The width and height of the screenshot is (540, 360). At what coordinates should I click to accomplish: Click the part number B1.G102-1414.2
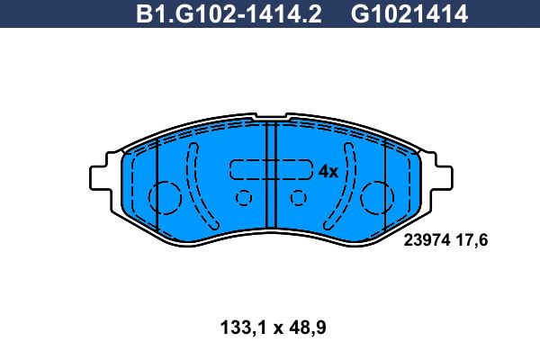coord(229,13)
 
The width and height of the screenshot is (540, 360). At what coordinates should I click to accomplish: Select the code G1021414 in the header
coord(409,13)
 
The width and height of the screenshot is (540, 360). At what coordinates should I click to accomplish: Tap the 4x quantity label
coord(328,171)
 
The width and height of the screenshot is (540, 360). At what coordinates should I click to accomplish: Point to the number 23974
coord(427,239)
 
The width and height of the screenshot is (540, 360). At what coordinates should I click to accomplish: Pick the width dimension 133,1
coord(244,328)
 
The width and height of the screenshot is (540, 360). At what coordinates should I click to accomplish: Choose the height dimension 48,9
coord(308,328)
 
